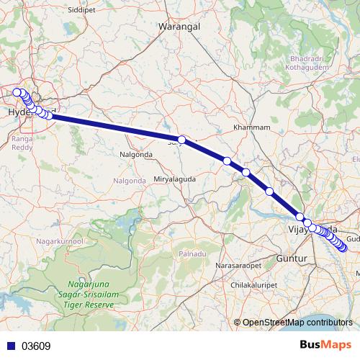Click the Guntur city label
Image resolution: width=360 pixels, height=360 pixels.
292,257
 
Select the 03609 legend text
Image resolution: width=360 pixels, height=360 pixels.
36,346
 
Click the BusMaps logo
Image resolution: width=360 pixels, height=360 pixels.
326,346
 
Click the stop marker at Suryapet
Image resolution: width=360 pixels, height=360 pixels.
182,140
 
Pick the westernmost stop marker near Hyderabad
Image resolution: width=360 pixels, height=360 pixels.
16,91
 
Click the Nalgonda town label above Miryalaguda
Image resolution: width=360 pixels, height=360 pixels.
134,155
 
